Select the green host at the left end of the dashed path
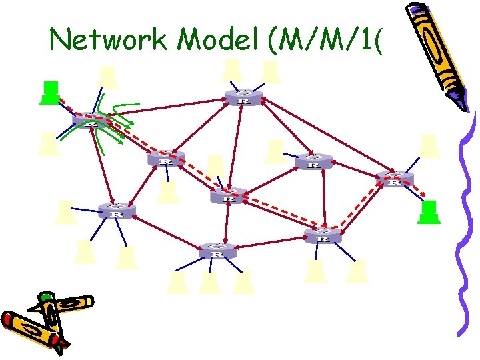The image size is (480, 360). coord(49,93)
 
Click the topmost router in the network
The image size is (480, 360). coord(242,97)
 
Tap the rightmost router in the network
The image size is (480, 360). coord(395,178)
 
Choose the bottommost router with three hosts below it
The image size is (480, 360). coord(216,251)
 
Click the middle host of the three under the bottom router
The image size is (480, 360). coord(209,282)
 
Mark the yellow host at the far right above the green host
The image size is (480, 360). coord(430,146)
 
